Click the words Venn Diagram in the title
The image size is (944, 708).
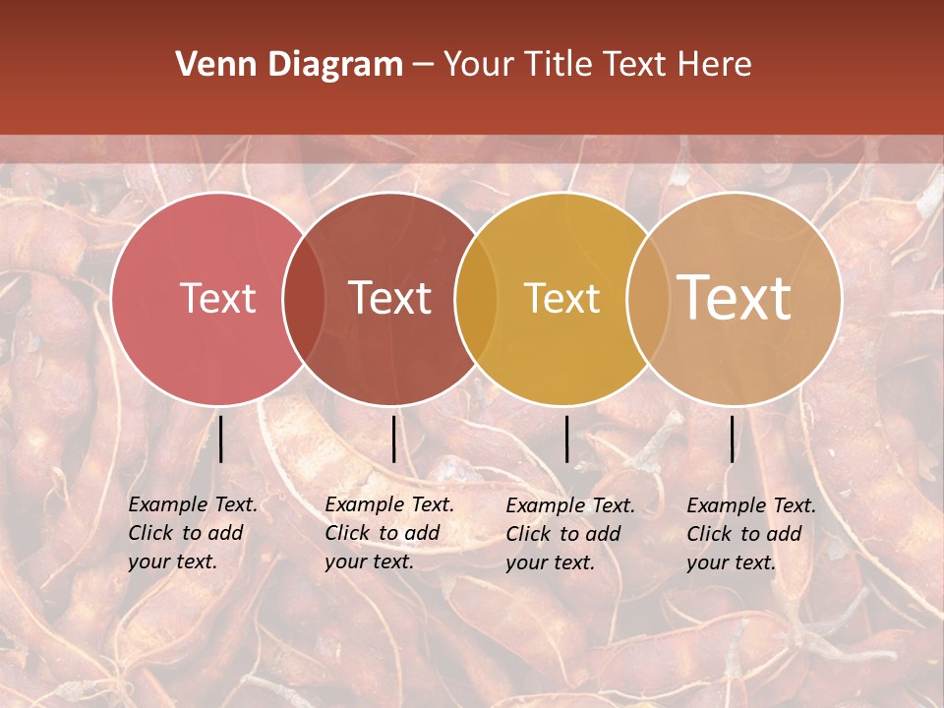tap(289, 65)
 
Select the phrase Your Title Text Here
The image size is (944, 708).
tap(597, 65)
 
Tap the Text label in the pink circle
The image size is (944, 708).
tap(217, 298)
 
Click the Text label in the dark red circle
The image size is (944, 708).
tap(390, 298)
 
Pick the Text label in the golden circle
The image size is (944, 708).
tap(561, 298)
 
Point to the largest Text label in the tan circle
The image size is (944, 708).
tap(735, 297)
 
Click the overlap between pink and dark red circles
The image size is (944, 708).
tap(304, 299)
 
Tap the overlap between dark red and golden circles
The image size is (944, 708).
tap(474, 299)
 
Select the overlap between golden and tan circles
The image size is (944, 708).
tap(644, 299)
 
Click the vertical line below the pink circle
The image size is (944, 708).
tap(221, 439)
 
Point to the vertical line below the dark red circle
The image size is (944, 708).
tap(393, 439)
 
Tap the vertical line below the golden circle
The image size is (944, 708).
tap(567, 439)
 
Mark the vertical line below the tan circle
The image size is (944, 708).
tap(733, 439)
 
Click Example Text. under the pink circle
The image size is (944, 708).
tap(193, 504)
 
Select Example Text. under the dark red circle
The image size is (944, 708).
tap(389, 504)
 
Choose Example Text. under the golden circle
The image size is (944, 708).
tap(570, 505)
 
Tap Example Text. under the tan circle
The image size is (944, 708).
tap(751, 505)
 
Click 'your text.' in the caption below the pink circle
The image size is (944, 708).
tap(172, 562)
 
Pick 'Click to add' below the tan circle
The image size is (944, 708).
tap(744, 534)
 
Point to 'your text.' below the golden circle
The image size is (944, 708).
tap(551, 563)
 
